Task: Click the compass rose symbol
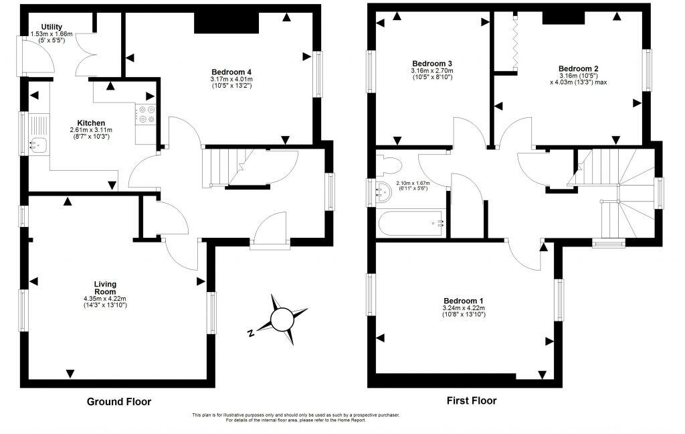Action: [x=282, y=317]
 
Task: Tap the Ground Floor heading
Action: [x=119, y=402]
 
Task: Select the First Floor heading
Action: [x=472, y=401]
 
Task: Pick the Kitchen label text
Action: [x=90, y=123]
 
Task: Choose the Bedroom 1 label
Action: [x=463, y=301]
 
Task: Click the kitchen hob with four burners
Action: [x=146, y=115]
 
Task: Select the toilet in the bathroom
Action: [x=389, y=165]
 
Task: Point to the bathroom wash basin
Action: [x=383, y=193]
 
